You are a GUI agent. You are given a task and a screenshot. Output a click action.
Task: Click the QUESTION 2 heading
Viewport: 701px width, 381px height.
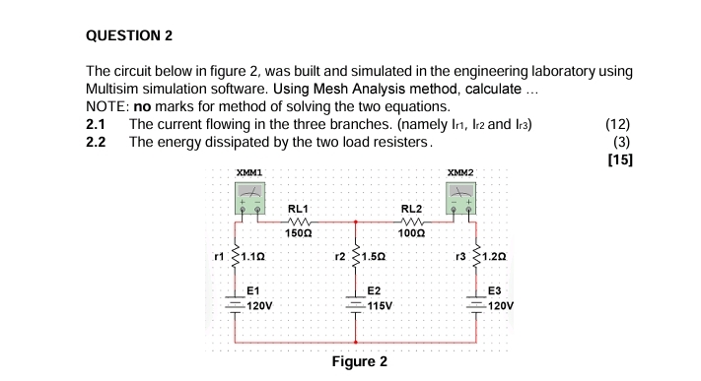pos(129,35)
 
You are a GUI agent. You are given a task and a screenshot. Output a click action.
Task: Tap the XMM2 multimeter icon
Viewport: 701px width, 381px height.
pos(462,201)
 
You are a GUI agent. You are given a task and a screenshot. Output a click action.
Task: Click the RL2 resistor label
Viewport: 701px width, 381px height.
pos(412,209)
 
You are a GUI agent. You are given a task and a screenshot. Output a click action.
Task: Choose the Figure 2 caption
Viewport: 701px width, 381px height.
pos(359,361)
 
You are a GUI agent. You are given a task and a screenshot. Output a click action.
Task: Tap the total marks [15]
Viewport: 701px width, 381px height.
pos(620,159)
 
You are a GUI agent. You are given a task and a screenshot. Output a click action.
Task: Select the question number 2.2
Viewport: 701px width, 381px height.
pos(97,142)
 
